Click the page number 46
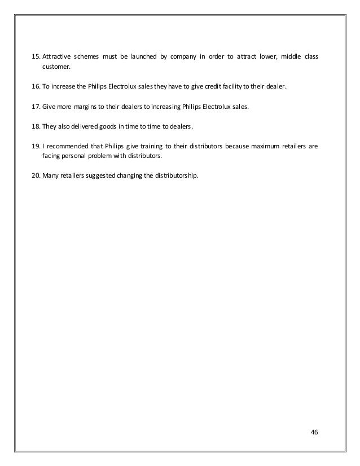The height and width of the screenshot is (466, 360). (x=315, y=433)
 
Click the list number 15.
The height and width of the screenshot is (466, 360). (x=34, y=58)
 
